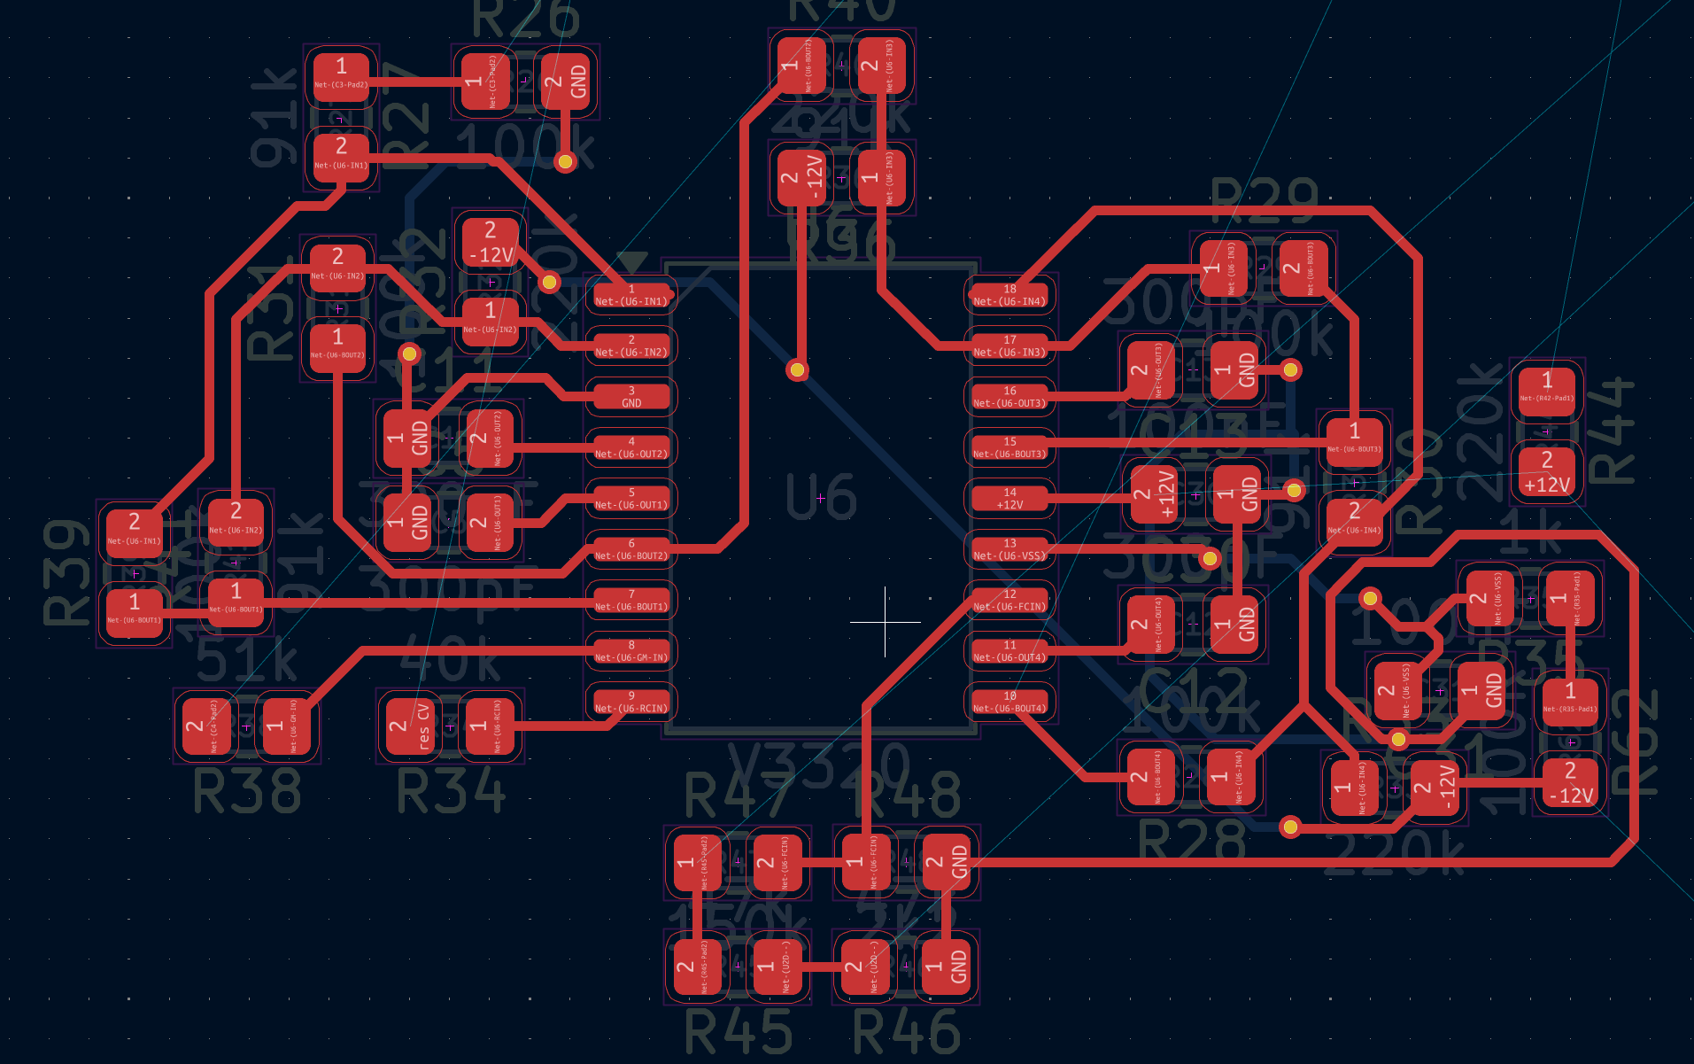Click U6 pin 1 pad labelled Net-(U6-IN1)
pyautogui.click(x=630, y=295)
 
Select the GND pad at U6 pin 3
pyautogui.click(x=630, y=397)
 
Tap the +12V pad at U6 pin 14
pyautogui.click(x=1009, y=499)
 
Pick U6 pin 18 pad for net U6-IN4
pyautogui.click(x=1009, y=295)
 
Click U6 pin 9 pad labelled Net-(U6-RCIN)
pyautogui.click(x=630, y=703)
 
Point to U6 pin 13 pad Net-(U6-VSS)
pyautogui.click(x=1009, y=550)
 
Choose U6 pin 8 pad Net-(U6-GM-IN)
pyautogui.click(x=630, y=651)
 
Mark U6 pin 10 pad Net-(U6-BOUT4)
pyautogui.click(x=1009, y=703)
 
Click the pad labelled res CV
pyautogui.click(x=410, y=726)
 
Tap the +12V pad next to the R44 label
pyautogui.click(x=1546, y=472)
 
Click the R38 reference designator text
pyautogui.click(x=247, y=791)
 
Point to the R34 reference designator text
pyautogui.click(x=451, y=791)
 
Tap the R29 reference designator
pyautogui.click(x=1264, y=202)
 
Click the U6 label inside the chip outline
pyautogui.click(x=821, y=497)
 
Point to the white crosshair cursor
pyautogui.click(x=885, y=622)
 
